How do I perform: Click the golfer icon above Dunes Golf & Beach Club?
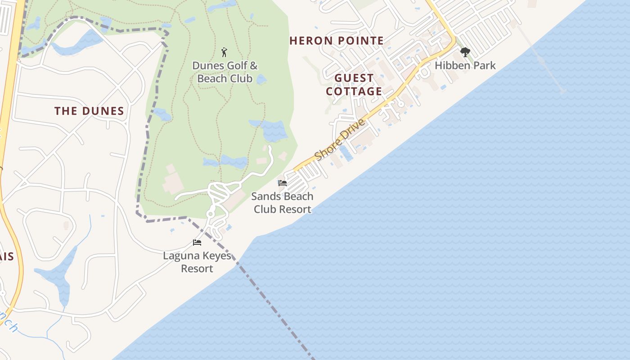[225, 52]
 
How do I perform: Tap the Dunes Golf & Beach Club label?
[225, 72]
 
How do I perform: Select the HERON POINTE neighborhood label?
[337, 41]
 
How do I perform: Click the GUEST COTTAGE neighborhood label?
[354, 85]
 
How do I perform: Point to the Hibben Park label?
[465, 66]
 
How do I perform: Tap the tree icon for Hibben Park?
[465, 52]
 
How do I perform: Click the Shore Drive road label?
[340, 139]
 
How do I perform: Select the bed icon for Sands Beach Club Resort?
[283, 183]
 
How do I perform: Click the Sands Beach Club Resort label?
[282, 203]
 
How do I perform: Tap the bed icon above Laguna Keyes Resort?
[197, 243]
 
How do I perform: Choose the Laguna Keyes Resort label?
[197, 262]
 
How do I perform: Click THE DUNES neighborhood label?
[89, 111]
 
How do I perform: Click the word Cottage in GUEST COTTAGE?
[354, 92]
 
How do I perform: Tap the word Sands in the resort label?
[263, 197]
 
